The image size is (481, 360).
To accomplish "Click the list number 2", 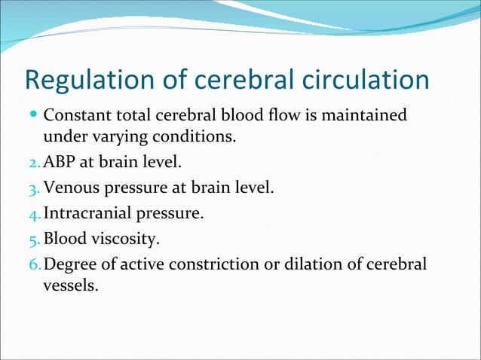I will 33,163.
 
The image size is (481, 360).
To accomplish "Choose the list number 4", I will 33,214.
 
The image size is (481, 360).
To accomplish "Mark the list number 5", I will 33,239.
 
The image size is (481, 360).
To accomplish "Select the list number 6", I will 33,265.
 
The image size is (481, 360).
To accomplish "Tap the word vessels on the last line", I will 70,286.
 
